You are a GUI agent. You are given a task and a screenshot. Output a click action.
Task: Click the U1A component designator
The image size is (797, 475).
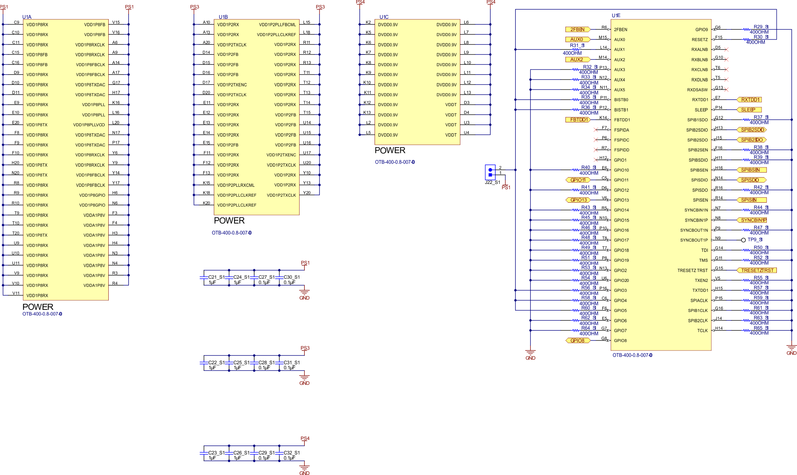(x=27, y=17)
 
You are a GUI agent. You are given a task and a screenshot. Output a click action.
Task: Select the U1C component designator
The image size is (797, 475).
(x=384, y=17)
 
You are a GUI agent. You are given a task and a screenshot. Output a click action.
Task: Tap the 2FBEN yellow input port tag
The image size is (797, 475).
(x=577, y=29)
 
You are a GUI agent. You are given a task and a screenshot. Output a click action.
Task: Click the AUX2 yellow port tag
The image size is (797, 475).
(x=577, y=59)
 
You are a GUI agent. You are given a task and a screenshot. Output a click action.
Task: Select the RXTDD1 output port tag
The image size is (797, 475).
(x=749, y=100)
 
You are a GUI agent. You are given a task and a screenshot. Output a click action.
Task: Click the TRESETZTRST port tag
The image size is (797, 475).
(x=757, y=270)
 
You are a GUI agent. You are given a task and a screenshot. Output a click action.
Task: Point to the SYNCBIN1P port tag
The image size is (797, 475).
(x=752, y=220)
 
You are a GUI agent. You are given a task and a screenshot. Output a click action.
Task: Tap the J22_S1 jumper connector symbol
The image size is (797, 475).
(x=490, y=172)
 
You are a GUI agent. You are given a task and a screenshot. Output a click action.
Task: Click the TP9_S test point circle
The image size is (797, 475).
(x=744, y=240)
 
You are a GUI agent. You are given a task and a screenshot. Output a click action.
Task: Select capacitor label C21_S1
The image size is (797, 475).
(x=216, y=277)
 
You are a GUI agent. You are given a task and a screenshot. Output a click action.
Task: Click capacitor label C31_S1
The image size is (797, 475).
(x=292, y=363)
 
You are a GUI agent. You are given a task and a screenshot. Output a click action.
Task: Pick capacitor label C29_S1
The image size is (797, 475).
(x=267, y=453)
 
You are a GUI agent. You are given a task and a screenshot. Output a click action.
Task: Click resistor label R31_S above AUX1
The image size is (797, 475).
(x=577, y=45)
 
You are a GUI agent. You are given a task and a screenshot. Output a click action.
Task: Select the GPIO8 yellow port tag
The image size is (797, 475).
(x=577, y=341)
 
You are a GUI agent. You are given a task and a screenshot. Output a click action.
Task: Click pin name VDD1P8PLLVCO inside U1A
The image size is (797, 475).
(x=89, y=125)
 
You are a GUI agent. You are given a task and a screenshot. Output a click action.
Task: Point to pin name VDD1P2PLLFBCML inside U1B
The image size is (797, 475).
(x=277, y=25)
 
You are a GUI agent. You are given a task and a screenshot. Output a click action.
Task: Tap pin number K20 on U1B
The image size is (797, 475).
(x=206, y=203)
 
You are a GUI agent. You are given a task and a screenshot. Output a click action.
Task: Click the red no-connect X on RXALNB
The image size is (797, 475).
(x=726, y=50)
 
